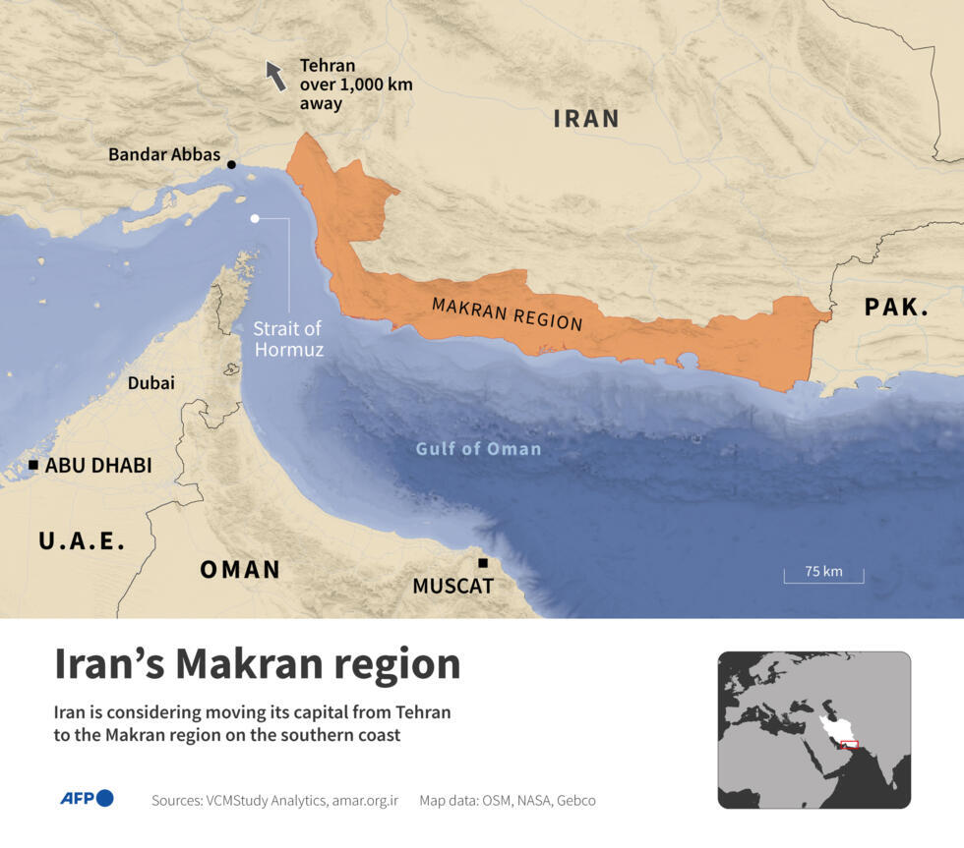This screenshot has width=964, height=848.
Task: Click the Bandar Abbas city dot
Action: click(231, 165)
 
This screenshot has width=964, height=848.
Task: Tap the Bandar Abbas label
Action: click(164, 154)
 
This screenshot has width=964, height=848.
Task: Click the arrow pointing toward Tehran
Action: click(276, 75)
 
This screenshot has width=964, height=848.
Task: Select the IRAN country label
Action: click(586, 119)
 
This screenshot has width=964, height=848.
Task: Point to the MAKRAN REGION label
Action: click(507, 313)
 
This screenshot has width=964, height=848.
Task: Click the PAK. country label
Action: click(896, 307)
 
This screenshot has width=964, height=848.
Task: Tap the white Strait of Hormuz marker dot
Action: click(255, 218)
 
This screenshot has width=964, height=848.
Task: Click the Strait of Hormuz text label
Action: click(288, 338)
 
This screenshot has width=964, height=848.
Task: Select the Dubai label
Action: click(151, 382)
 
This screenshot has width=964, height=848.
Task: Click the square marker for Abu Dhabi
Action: click(33, 465)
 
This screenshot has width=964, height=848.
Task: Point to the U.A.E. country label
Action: click(82, 540)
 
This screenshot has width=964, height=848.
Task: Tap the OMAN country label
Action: click(240, 569)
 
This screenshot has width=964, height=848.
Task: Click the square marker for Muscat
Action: click(483, 563)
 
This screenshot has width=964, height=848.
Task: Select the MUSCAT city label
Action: click(452, 587)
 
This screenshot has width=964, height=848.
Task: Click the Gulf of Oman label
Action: click(478, 448)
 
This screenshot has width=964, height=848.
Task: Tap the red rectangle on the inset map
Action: click(849, 744)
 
